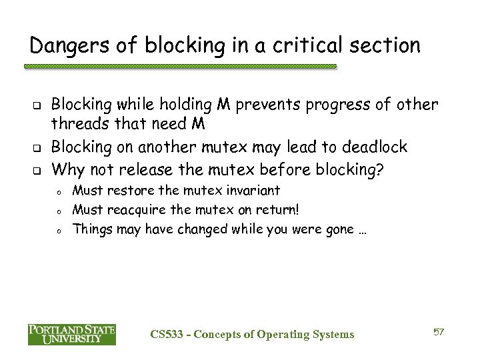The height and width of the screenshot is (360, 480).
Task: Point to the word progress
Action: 345,105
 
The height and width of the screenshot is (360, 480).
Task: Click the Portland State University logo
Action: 72,334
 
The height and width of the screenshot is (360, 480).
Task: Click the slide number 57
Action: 438,332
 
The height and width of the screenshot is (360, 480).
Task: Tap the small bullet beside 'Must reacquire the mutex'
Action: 59,211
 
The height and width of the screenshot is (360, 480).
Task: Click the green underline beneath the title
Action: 180,67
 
